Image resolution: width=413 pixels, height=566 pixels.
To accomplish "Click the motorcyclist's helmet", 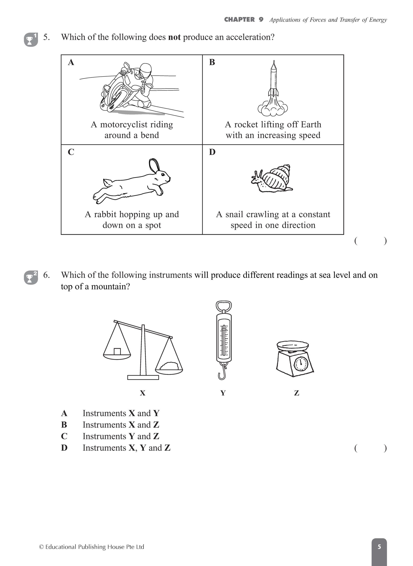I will [145, 69].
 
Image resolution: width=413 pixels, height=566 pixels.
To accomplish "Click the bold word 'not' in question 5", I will [174, 37].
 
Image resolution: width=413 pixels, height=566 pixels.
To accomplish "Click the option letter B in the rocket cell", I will [212, 62].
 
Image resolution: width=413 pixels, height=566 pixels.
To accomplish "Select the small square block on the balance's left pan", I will [117, 352].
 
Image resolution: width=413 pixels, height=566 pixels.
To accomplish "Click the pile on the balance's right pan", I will [169, 366].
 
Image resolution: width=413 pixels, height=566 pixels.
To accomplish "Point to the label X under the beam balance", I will [143, 393].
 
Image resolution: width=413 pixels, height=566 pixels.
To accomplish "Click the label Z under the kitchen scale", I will [296, 393].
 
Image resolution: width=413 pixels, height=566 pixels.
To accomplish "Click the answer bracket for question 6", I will [370, 448].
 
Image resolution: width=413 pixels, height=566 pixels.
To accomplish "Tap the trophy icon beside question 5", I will [31, 40].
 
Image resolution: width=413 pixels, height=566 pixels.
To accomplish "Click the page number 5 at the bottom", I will [379, 547].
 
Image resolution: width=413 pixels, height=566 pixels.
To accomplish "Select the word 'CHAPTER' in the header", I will [239, 19].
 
